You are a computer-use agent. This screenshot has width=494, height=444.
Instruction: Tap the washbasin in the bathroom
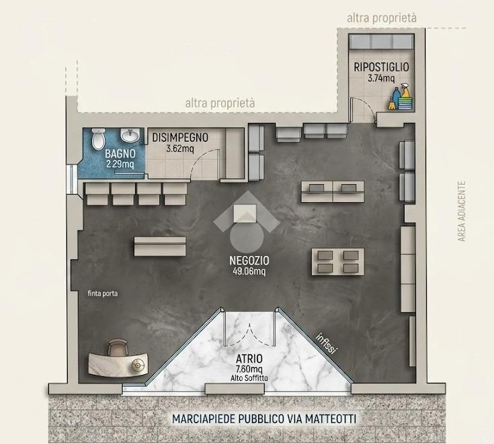point(130,136)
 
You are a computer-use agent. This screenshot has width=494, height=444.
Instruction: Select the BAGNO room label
point(120,154)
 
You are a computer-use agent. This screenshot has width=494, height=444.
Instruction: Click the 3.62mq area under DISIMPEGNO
point(180,148)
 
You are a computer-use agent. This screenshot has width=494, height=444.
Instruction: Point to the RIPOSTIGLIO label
point(381,67)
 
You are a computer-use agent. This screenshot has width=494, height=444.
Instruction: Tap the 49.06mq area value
point(249,271)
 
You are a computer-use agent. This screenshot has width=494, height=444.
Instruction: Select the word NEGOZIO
point(249,261)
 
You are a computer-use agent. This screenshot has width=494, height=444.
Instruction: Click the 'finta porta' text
point(103,294)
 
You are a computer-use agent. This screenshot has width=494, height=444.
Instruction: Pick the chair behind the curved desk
point(118,348)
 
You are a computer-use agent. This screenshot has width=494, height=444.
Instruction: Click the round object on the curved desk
point(138,365)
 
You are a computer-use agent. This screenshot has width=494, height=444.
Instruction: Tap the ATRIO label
point(249,359)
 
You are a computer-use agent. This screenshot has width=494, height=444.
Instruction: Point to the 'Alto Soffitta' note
point(249,378)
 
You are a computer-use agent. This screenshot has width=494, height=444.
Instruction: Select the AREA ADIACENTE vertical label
point(462,212)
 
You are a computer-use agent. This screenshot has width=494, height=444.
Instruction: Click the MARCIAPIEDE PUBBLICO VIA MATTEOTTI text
point(264,418)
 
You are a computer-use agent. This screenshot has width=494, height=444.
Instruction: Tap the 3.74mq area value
point(381,78)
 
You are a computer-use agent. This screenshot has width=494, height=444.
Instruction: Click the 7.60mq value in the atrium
point(249,369)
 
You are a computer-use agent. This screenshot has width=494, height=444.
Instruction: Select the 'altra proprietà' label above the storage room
point(382,18)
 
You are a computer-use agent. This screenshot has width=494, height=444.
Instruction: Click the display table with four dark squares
point(337,262)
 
